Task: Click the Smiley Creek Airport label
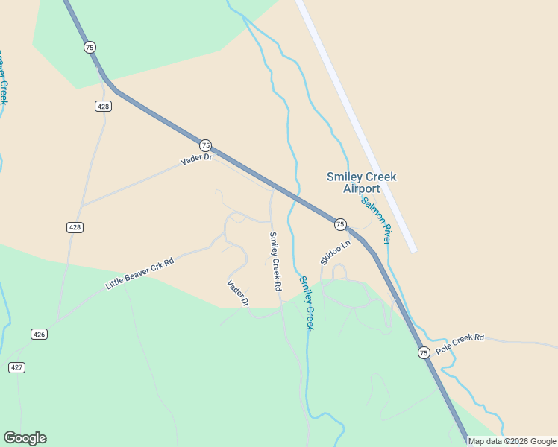coord(361,183)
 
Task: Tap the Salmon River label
coord(376,221)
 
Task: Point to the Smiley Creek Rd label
coord(275,261)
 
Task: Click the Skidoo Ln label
coord(335,253)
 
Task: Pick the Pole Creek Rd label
coord(460,343)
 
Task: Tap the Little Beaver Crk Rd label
coord(139,273)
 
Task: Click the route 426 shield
coord(40,334)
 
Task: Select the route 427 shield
coord(17,367)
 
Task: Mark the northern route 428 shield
coord(104,107)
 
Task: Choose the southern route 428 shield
coord(74,227)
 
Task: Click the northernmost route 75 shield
coord(90,47)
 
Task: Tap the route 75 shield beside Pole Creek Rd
coord(424,352)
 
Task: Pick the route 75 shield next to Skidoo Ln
coord(339,223)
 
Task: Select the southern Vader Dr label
coord(237,293)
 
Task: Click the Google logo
coord(25,438)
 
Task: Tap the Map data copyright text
coord(512,441)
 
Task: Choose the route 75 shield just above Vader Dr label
coord(205,145)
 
